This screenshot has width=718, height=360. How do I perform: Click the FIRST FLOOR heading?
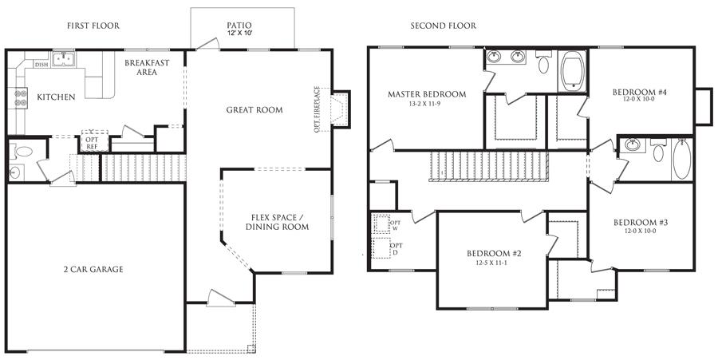click(x=93, y=26)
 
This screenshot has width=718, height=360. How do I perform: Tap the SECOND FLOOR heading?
click(x=443, y=26)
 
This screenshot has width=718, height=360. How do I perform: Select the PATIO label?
click(x=239, y=26)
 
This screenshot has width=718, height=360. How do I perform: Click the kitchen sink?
click(x=64, y=59)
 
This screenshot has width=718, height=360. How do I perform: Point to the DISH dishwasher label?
click(x=41, y=65)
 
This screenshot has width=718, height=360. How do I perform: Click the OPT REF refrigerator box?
click(x=95, y=140)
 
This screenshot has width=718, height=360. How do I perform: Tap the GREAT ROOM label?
click(x=254, y=110)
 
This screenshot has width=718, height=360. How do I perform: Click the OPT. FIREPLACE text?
click(x=317, y=109)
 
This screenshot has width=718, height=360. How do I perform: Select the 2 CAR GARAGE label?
click(x=93, y=269)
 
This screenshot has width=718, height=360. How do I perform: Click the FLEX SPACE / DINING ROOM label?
click(x=277, y=222)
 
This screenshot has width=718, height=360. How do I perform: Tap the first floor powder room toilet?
click(x=22, y=151)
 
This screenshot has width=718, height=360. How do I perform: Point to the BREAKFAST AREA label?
click(x=147, y=67)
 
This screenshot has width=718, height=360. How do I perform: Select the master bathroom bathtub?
click(x=572, y=71)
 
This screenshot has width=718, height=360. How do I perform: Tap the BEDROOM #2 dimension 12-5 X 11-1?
click(x=494, y=263)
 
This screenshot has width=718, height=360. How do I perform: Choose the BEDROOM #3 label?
click(x=641, y=223)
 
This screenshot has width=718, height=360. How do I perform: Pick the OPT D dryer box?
click(x=381, y=248)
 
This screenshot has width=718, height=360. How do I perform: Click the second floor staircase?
click(x=488, y=167)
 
